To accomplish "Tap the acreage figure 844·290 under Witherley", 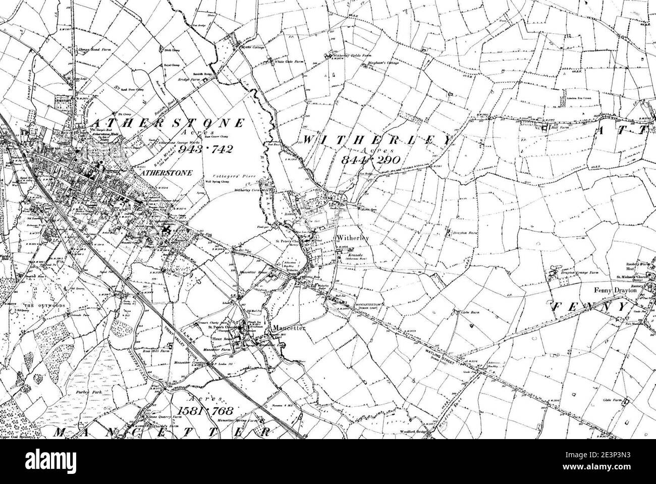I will coord(370,159).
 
